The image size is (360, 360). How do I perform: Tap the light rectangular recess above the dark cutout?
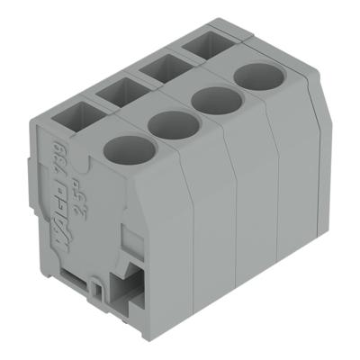coord(127,243)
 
